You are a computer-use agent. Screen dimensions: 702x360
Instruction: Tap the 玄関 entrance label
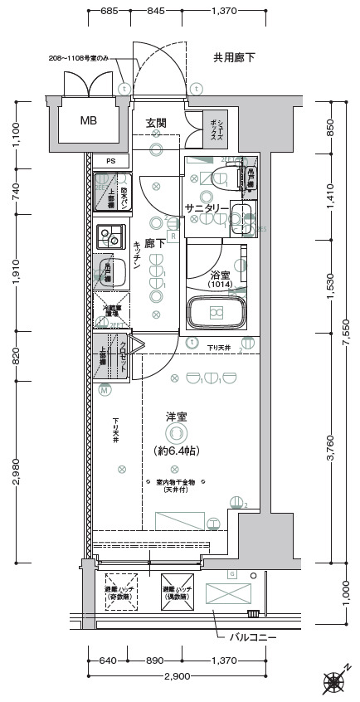tap(156, 123)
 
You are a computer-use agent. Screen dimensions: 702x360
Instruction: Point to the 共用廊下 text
tap(234, 57)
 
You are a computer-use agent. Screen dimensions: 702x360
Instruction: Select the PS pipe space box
tap(109, 161)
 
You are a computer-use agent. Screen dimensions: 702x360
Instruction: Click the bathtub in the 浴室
tap(216, 312)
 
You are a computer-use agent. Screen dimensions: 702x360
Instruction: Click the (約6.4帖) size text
tap(176, 451)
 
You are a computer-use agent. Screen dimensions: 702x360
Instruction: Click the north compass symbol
tap(334, 682)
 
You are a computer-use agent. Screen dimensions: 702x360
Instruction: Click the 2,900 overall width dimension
tap(176, 676)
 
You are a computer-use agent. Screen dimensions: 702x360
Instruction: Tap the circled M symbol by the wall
tap(105, 389)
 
